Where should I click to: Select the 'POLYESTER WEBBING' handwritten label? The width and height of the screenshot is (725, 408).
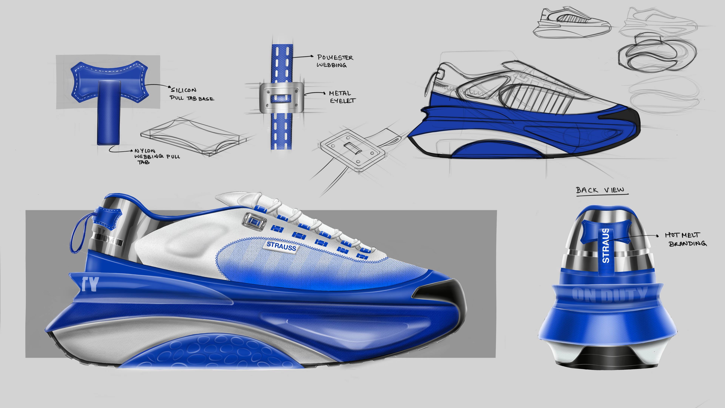[x=334, y=61]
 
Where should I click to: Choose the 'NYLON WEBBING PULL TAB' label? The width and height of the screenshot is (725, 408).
[x=156, y=156]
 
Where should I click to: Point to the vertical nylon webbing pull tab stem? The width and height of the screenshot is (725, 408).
[x=109, y=113]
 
